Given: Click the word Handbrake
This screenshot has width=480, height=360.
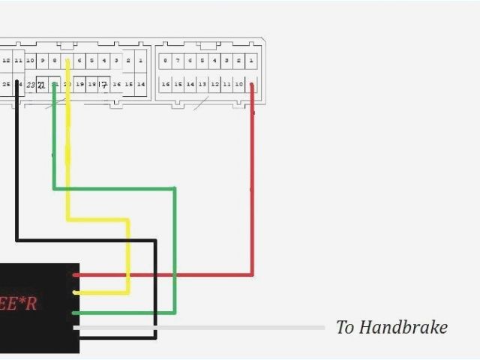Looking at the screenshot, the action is click(x=403, y=328).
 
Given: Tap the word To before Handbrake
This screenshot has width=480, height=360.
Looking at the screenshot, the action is click(x=345, y=328).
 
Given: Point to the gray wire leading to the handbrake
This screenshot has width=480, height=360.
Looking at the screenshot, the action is click(x=225, y=328).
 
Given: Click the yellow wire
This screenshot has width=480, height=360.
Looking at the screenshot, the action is click(x=97, y=220).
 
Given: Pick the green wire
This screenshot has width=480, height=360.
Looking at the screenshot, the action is click(x=112, y=188).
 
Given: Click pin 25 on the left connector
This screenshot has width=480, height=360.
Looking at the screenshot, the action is click(x=6, y=85).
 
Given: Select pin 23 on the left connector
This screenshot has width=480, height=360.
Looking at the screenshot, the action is click(x=30, y=85).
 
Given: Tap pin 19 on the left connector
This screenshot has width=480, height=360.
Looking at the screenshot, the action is click(x=79, y=85).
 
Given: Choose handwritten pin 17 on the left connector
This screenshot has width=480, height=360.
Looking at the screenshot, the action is click(x=104, y=85).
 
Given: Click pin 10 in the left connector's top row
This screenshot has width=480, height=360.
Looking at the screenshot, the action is click(x=30, y=60).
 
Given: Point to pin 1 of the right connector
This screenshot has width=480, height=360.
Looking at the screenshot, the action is click(x=251, y=60).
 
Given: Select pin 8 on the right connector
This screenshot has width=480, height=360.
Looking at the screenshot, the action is click(x=165, y=60).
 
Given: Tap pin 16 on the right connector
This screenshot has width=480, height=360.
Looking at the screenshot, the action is click(x=165, y=85).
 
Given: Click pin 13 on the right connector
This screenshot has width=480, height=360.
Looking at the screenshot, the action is click(x=202, y=85).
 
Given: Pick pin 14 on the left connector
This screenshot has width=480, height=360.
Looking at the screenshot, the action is click(x=141, y=85).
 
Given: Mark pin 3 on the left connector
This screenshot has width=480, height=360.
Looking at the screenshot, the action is click(x=116, y=60).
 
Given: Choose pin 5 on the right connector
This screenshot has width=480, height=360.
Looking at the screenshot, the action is click(x=202, y=60).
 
